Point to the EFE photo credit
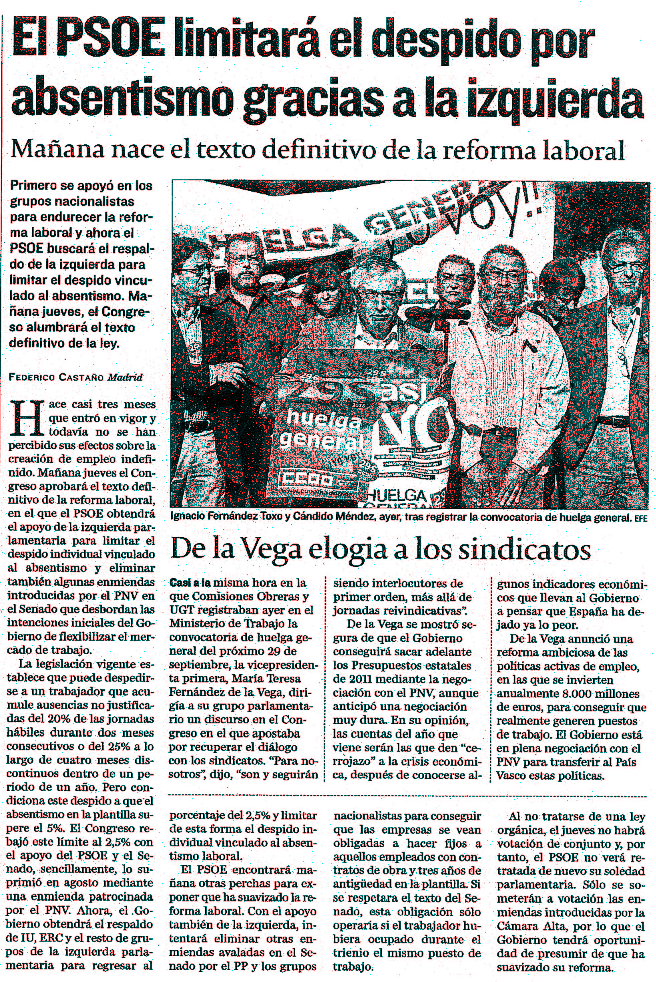point(641,518)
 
